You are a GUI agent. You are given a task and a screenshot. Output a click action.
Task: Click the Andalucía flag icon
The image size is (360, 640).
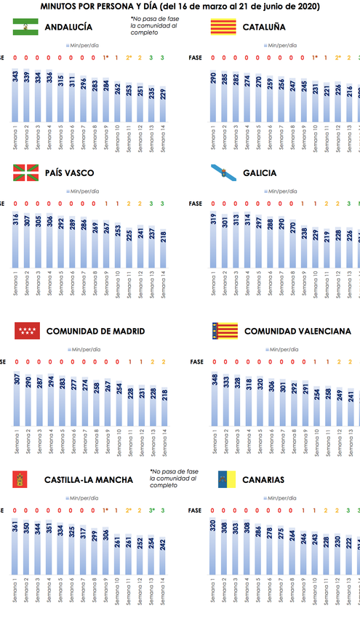point(25,27)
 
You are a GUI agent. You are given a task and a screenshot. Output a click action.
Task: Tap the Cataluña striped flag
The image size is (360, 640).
point(223,27)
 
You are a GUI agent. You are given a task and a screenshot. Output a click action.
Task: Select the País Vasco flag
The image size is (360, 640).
point(25,172)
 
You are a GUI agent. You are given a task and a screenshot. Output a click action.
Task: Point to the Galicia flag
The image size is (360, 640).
point(223,172)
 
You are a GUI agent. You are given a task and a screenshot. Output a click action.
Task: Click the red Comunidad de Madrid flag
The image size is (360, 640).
point(28,331)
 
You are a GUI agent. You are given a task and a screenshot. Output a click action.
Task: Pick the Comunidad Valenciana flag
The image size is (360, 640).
point(223,331)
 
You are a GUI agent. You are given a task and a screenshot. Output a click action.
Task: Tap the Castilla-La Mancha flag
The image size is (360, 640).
point(21,480)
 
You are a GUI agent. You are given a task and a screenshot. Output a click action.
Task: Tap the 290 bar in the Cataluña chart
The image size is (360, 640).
point(213,98)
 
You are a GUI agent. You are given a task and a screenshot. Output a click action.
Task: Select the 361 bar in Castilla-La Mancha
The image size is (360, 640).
point(15,549)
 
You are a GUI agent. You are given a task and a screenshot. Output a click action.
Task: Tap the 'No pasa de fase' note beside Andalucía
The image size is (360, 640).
point(155,25)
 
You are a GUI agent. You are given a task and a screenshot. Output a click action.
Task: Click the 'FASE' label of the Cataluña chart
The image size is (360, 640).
point(195,57)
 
